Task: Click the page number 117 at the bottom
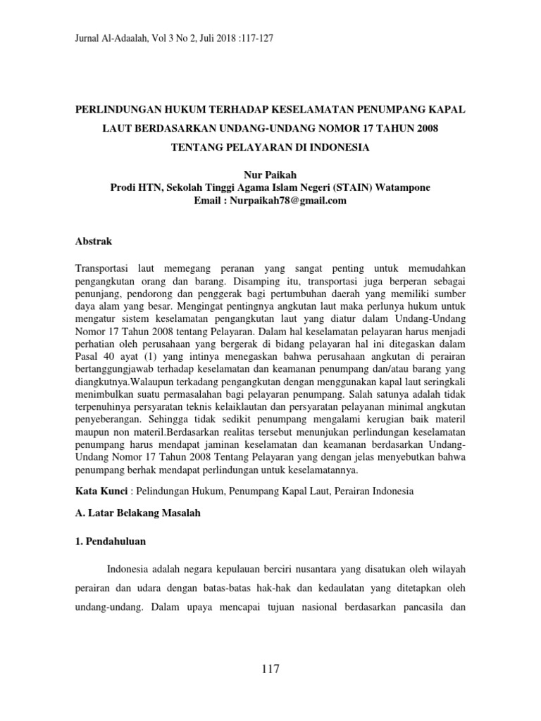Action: coord(270,670)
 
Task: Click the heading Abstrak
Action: coord(94,241)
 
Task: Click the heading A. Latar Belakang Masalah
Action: coord(137,513)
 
